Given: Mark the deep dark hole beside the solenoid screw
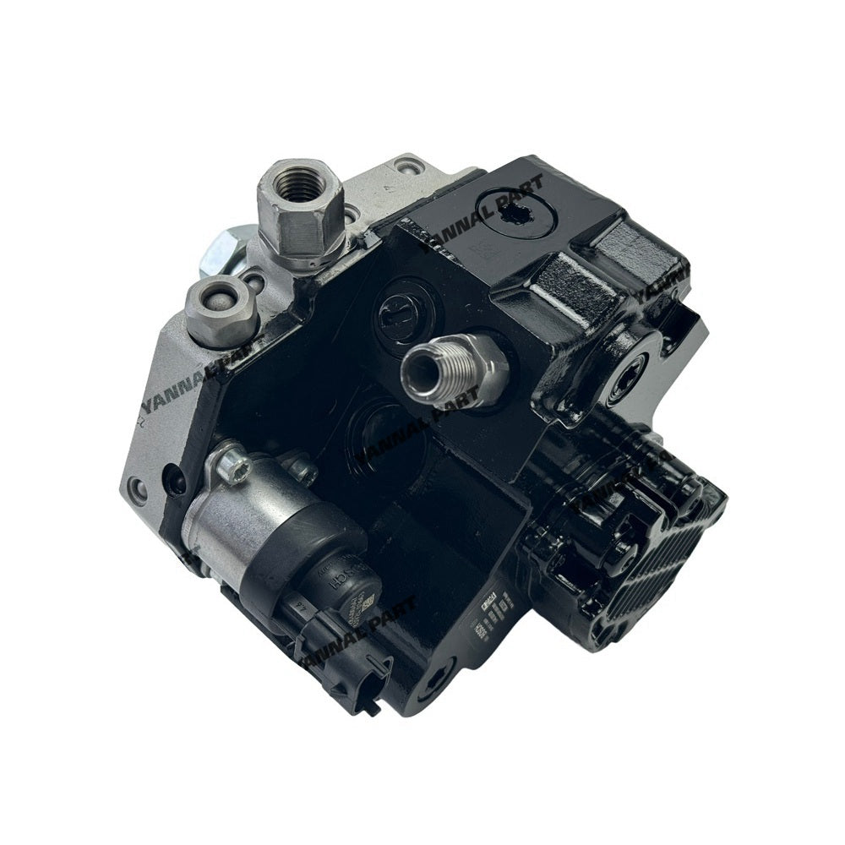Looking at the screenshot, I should (178, 478).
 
